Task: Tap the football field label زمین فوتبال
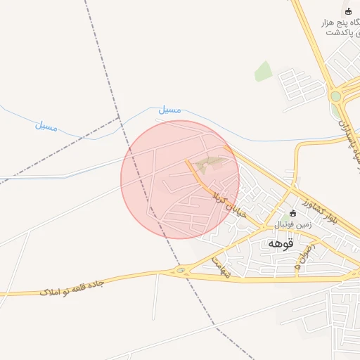tap(292, 224)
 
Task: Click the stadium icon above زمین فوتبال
tap(293, 213)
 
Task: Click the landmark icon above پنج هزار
tap(347, 11)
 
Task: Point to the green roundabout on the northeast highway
tap(335, 96)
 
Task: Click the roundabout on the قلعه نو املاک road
tap(182, 271)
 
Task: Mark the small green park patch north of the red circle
tap(263, 71)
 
